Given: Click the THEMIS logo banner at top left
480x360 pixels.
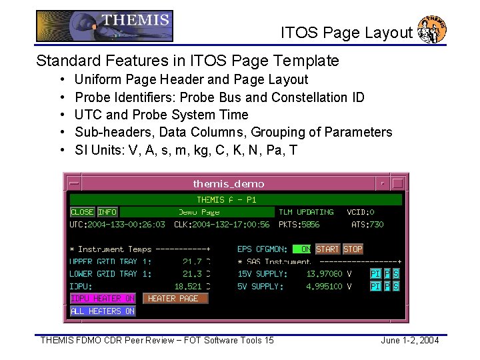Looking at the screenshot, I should pos(105,26).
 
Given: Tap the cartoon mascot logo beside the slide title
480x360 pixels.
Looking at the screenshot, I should pos(432,29).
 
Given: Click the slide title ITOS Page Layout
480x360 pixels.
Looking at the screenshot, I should pos(346,33).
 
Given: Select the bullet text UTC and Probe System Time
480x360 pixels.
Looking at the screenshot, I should pos(161,115).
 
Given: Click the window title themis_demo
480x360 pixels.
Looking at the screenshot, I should pos(229,183).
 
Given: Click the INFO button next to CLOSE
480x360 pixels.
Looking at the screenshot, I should pos(107,212).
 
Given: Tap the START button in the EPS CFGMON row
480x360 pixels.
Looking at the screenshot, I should pos(327,249).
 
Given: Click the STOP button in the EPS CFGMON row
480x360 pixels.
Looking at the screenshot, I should pos(353,249).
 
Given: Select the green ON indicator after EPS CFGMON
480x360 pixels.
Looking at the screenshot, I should pos(303,249).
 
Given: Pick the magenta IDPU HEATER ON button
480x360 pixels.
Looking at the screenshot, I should pos(103,299).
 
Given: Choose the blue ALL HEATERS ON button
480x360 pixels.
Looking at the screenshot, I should pos(103,311).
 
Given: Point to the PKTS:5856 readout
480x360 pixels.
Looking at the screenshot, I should pos(299,225).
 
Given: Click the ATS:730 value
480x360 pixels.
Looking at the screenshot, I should pos(367,225).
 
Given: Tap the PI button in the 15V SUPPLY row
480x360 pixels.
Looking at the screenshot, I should pos(375,274).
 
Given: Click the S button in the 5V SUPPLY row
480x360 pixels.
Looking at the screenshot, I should pos(396,286).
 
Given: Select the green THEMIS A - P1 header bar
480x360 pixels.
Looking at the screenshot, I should pos(235,199).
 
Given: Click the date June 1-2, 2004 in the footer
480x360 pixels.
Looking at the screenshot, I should pos(409,341).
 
